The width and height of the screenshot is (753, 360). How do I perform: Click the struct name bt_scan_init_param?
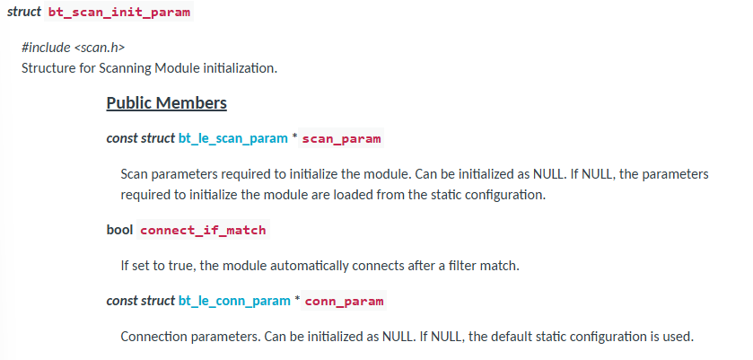[119, 13]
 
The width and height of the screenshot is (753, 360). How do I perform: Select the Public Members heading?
[166, 103]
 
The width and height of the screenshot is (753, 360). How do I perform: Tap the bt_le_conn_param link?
[234, 301]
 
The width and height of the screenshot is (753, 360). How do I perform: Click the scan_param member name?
[341, 139]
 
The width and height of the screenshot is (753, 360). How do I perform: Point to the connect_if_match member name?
[203, 230]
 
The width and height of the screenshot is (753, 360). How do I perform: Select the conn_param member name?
[344, 301]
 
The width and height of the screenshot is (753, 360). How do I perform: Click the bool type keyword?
[119, 230]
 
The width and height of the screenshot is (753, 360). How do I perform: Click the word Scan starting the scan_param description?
[135, 173]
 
